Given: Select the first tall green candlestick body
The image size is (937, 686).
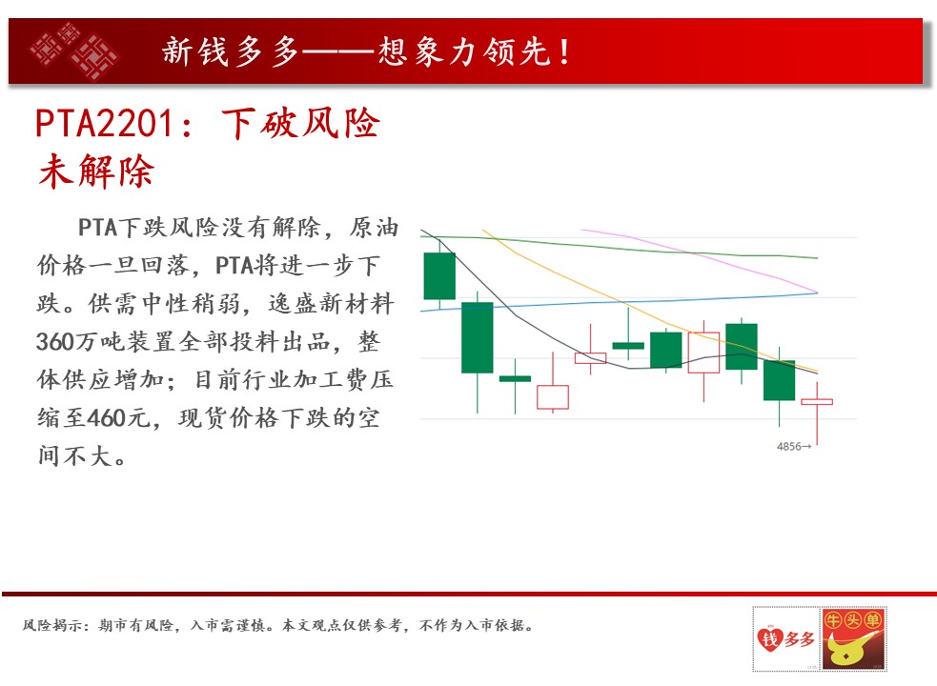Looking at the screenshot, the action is click(439, 276).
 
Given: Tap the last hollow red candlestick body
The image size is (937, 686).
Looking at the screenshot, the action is click(817, 401).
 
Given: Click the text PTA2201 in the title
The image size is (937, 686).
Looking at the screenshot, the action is click(105, 124).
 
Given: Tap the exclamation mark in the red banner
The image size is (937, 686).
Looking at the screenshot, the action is click(564, 51).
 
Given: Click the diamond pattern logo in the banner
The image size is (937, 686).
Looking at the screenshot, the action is click(74, 50).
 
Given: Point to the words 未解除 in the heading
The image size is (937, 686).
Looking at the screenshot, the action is click(96, 171).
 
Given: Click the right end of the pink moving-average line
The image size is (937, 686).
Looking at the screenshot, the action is click(817, 293).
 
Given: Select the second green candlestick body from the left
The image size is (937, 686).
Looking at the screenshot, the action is click(478, 337).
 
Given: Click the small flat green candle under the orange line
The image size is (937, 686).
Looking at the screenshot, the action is click(629, 346).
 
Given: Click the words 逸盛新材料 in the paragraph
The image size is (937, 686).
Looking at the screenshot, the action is click(332, 304).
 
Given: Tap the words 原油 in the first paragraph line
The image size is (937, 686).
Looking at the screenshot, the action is click(374, 227).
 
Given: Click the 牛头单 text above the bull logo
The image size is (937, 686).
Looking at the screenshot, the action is click(854, 620).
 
